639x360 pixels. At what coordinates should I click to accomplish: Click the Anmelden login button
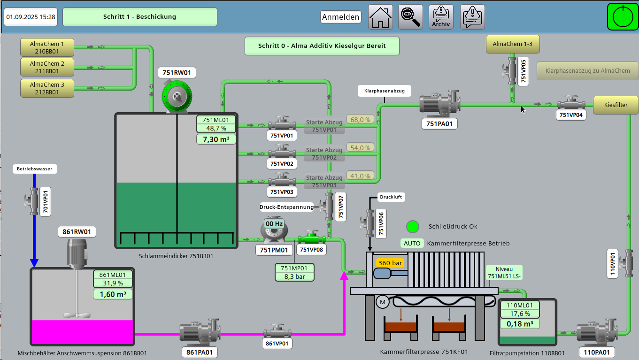341,17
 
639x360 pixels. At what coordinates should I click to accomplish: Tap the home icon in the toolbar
380,17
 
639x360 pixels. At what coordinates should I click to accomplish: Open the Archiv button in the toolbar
441,17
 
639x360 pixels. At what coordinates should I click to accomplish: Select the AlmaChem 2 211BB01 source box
47,67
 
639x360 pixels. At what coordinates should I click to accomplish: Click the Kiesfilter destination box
616,105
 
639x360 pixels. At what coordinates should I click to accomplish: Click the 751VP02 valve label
282,164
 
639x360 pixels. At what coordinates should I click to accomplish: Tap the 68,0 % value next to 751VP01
360,120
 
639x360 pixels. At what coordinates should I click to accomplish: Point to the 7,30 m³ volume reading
216,139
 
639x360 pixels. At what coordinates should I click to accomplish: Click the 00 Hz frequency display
274,224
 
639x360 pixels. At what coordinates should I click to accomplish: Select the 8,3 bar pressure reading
294,276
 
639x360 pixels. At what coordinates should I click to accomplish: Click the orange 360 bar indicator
390,263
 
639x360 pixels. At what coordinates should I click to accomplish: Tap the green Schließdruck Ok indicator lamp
413,227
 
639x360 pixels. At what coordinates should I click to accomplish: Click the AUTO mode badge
412,244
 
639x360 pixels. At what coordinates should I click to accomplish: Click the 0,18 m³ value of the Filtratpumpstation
519,323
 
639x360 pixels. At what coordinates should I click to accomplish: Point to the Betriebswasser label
35,169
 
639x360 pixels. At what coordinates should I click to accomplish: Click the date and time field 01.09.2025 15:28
31,17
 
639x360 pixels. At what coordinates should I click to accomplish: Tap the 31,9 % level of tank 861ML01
113,283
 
